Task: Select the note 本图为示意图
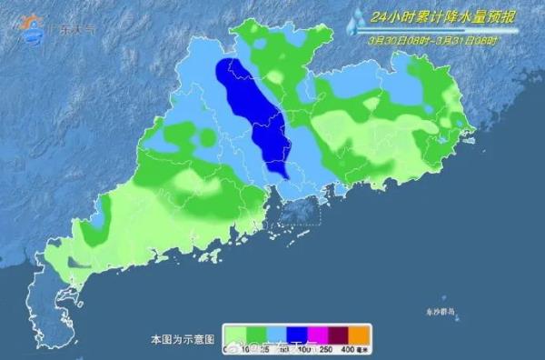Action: pos(182,338)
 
